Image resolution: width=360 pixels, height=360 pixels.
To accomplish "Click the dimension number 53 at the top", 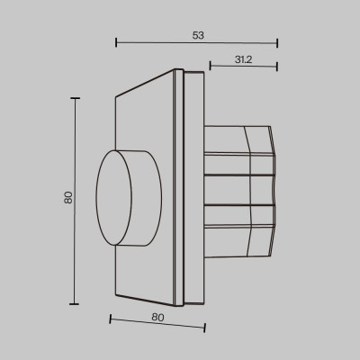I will tap(198, 35).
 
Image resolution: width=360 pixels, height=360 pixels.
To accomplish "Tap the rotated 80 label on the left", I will tap(67, 197).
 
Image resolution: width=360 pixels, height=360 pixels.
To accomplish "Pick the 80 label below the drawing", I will tap(157, 316).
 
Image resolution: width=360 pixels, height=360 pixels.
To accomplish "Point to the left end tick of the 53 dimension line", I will tap(117, 42).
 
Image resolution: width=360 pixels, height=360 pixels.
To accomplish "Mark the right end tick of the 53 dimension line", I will tap(277, 42).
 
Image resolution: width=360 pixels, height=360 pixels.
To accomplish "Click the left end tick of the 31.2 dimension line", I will tap(210, 66).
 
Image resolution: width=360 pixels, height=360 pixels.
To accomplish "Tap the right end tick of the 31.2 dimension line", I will tap(277, 66).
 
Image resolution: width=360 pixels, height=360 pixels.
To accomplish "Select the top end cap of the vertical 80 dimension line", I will tap(75, 98).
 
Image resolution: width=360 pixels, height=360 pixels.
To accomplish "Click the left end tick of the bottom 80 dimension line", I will tap(110, 319).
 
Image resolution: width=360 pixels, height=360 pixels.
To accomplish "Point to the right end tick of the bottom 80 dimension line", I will tap(205, 328).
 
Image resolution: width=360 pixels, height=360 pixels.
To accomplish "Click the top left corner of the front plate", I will tap(117, 95).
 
